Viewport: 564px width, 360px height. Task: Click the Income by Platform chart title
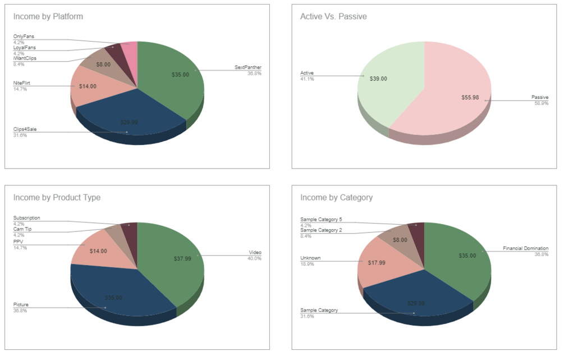[48, 16]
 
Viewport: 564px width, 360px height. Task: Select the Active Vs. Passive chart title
[333, 16]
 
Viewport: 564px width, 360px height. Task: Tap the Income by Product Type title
[57, 197]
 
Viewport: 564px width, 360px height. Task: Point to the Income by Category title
[336, 197]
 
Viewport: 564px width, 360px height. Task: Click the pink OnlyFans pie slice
[130, 48]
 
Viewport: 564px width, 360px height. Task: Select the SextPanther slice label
[248, 68]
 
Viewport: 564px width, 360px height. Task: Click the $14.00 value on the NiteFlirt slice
[88, 86]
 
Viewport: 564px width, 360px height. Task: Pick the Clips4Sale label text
[25, 129]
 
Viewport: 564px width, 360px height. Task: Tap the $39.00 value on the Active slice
[378, 79]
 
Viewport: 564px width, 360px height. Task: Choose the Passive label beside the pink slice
[540, 98]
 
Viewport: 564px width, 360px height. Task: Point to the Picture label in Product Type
[21, 304]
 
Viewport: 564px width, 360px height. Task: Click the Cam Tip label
[22, 229]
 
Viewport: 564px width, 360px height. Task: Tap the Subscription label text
[26, 218]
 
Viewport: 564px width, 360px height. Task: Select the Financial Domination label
[525, 248]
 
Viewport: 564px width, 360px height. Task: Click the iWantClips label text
[25, 58]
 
